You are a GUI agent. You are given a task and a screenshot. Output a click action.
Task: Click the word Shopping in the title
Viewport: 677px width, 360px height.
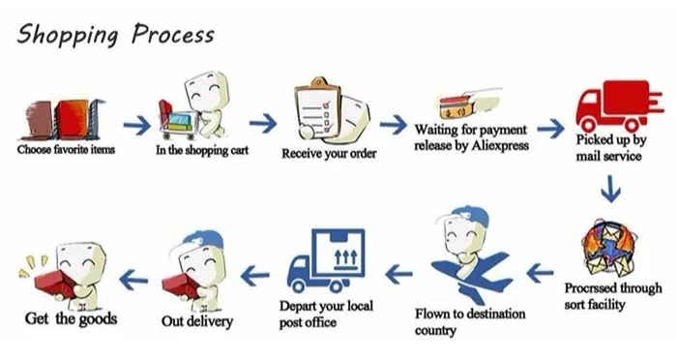[68, 35]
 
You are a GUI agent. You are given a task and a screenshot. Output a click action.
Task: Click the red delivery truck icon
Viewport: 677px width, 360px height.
[619, 106]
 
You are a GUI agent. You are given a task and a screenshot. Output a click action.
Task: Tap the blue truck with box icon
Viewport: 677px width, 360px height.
[326, 260]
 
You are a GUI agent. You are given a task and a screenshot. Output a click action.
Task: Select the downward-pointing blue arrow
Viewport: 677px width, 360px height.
[610, 189]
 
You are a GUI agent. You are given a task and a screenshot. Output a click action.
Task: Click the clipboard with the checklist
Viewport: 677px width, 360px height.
[317, 109]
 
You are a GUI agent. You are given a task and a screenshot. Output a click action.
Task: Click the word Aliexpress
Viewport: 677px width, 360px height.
[500, 145]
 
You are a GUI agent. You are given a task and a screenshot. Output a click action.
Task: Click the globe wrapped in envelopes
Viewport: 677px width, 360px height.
[609, 248]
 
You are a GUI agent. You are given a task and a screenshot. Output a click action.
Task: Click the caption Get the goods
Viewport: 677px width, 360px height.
[71, 319]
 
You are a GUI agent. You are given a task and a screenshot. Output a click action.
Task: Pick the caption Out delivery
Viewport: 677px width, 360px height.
[197, 321]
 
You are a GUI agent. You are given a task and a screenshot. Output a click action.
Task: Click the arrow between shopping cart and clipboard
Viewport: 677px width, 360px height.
[263, 124]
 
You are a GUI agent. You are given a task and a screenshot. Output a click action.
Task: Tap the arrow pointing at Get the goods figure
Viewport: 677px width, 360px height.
[133, 280]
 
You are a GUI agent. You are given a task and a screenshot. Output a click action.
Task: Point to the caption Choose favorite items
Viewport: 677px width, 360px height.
[66, 150]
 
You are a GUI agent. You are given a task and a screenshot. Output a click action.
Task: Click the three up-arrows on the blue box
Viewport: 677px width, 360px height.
[346, 257]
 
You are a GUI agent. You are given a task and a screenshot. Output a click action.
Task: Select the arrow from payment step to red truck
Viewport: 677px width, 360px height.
[550, 129]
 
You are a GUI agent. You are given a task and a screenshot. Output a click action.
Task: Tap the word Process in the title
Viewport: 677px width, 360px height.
[173, 34]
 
